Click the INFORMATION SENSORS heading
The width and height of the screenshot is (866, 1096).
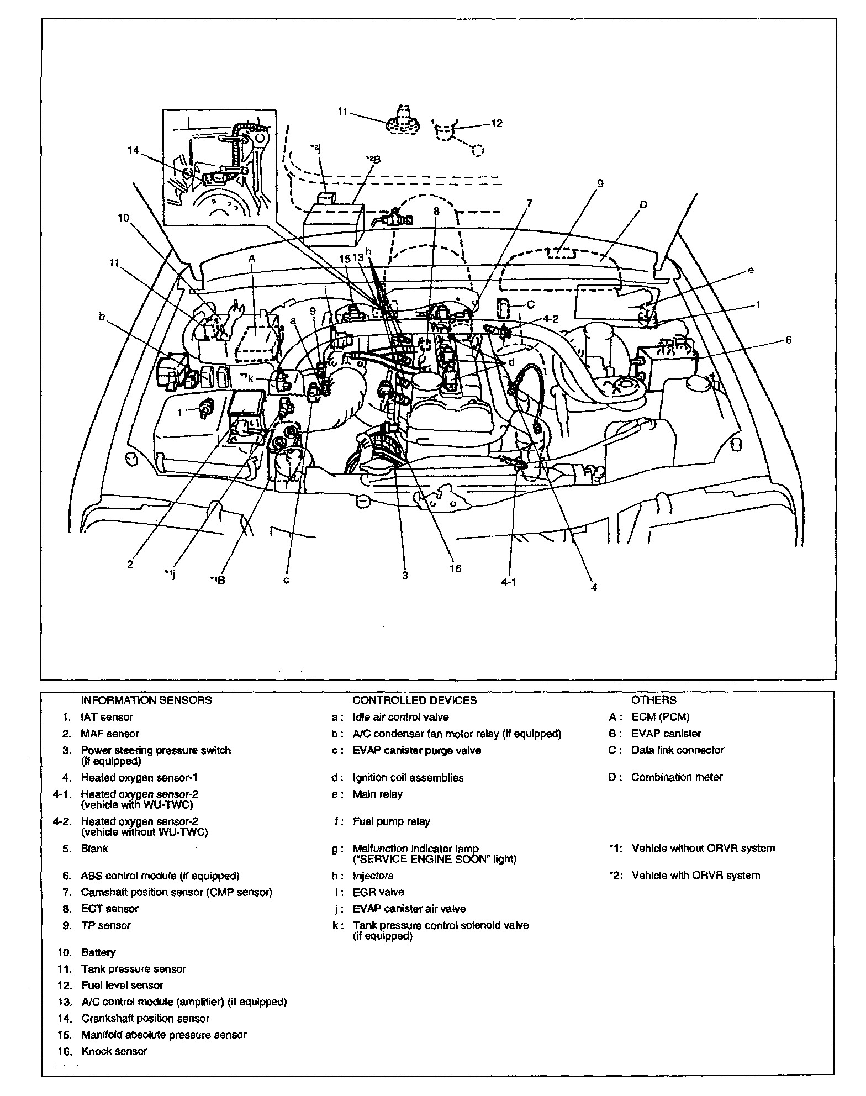[146, 700]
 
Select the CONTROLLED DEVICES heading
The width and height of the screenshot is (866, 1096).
[414, 700]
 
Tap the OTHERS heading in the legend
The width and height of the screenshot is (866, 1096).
[654, 700]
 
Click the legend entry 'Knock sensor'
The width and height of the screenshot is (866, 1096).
[114, 1051]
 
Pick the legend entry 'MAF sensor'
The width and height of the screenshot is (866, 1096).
[110, 734]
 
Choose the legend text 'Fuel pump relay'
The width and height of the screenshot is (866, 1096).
[392, 821]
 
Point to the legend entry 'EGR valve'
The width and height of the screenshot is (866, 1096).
[378, 892]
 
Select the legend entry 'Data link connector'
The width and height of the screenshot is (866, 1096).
[678, 750]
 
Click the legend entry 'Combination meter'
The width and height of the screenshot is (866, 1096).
[677, 777]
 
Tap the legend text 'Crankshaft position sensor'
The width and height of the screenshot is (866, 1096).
[145, 1018]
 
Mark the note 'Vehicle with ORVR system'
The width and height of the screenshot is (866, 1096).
[695, 875]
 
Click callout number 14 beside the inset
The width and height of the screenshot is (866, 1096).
[134, 150]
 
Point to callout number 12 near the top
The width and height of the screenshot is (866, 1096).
[497, 123]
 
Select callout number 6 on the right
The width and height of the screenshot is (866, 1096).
[788, 340]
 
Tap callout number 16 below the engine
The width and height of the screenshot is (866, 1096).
[455, 568]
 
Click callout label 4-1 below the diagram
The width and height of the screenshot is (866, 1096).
[509, 582]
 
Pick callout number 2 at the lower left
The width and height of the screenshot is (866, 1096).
[130, 565]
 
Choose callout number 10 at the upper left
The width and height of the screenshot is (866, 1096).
[123, 218]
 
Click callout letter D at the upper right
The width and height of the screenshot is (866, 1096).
[643, 205]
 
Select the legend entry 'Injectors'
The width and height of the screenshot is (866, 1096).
[373, 876]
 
